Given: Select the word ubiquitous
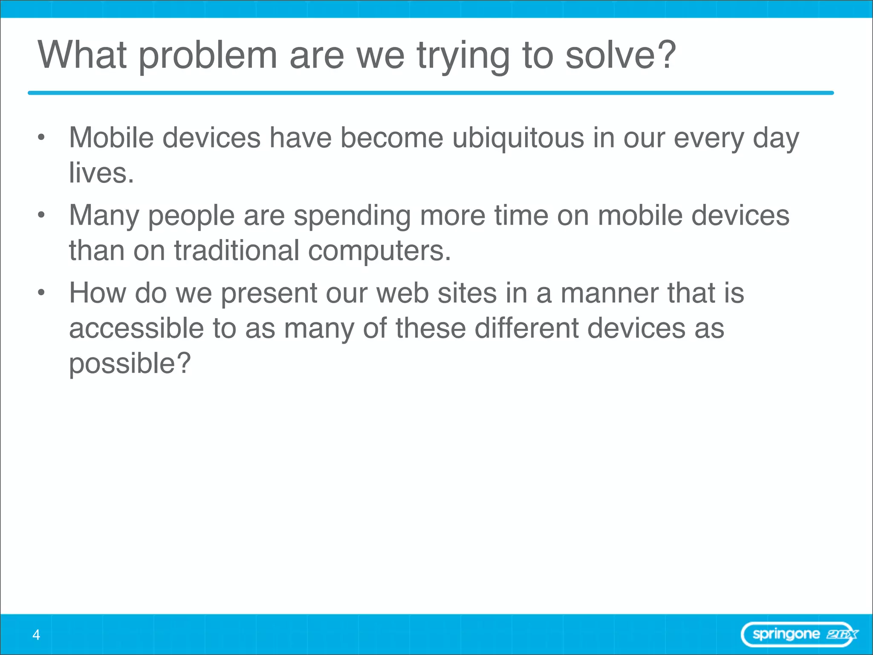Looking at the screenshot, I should coord(517,139).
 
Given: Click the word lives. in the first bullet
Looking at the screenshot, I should coord(101,173).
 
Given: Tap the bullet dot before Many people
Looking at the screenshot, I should coord(41,215).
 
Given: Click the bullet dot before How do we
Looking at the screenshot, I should coord(41,293).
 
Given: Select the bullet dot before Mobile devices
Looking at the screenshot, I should coord(41,137).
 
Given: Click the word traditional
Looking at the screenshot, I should coord(237,250).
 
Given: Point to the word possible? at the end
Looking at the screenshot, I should coord(130,364).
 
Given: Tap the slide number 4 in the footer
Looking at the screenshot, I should coord(36,635).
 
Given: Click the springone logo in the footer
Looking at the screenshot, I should coord(800,635).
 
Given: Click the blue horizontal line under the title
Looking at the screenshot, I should coord(431,93).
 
